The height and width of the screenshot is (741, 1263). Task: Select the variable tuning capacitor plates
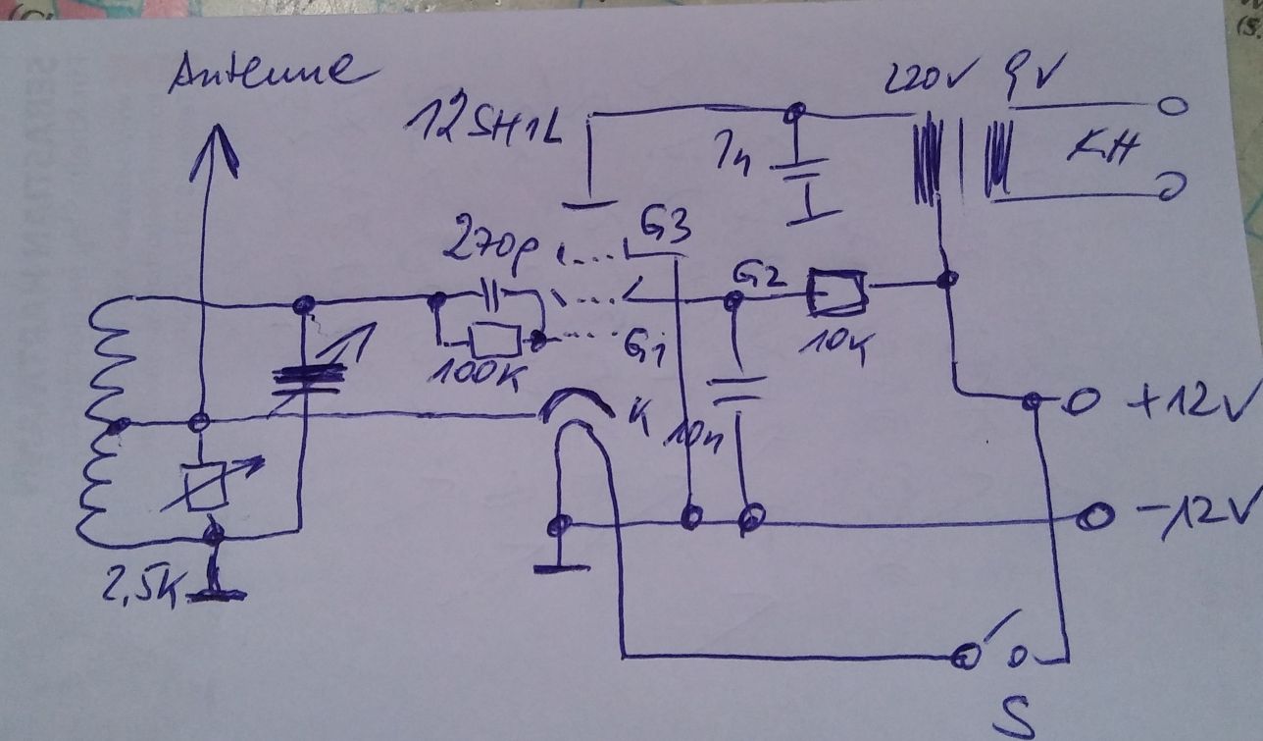pos(308,379)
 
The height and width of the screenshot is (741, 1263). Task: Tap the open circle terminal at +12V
pos(1085,403)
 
